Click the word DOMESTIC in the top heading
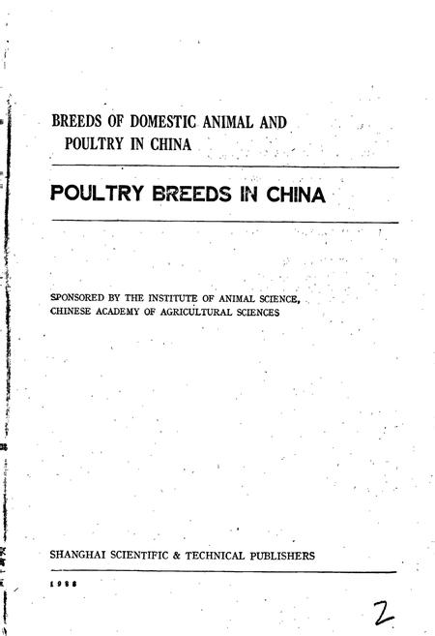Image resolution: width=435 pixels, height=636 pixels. click(167, 122)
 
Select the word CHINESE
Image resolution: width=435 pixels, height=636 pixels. click(73, 312)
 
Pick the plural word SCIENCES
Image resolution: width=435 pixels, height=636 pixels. click(277, 312)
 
